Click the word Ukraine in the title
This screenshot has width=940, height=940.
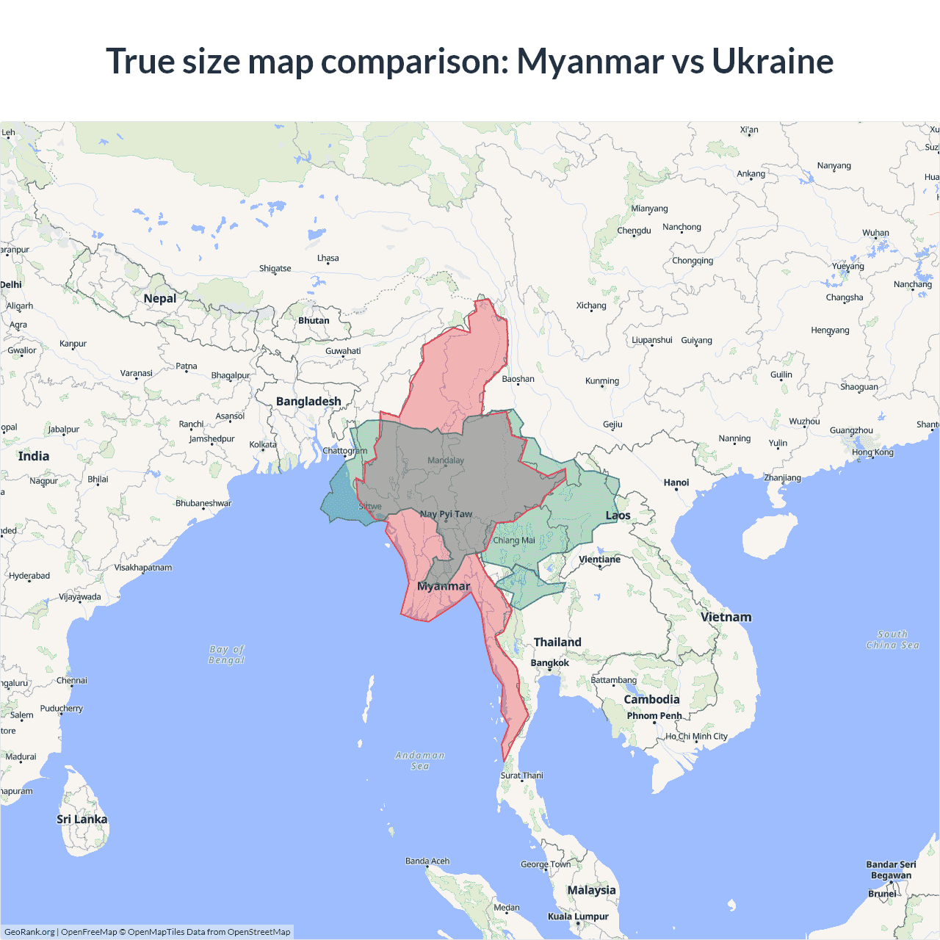click(x=772, y=61)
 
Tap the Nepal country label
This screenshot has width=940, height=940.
click(x=160, y=298)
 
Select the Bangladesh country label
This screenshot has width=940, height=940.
click(x=308, y=401)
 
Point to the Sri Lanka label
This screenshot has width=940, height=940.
click(x=82, y=819)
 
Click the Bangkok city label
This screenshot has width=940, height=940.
click(x=549, y=663)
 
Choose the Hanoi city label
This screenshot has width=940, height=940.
click(x=676, y=482)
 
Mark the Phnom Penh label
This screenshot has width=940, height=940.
click(x=654, y=716)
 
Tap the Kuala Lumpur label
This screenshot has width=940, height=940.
click(x=578, y=916)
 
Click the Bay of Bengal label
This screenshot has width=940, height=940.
click(x=227, y=654)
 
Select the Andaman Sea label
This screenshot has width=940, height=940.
click(x=420, y=760)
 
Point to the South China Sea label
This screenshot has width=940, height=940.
click(x=892, y=640)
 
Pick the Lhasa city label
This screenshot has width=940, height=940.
click(x=328, y=258)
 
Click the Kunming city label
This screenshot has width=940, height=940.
click(x=602, y=381)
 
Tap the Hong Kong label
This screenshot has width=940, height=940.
click(x=872, y=452)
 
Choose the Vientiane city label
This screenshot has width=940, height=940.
click(x=599, y=560)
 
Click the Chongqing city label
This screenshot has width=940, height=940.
click(x=693, y=261)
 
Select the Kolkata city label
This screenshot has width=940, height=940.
click(x=263, y=444)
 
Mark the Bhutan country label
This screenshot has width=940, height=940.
click(x=314, y=321)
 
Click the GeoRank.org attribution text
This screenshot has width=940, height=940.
click(x=29, y=932)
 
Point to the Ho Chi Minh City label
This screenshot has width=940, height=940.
click(x=696, y=737)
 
